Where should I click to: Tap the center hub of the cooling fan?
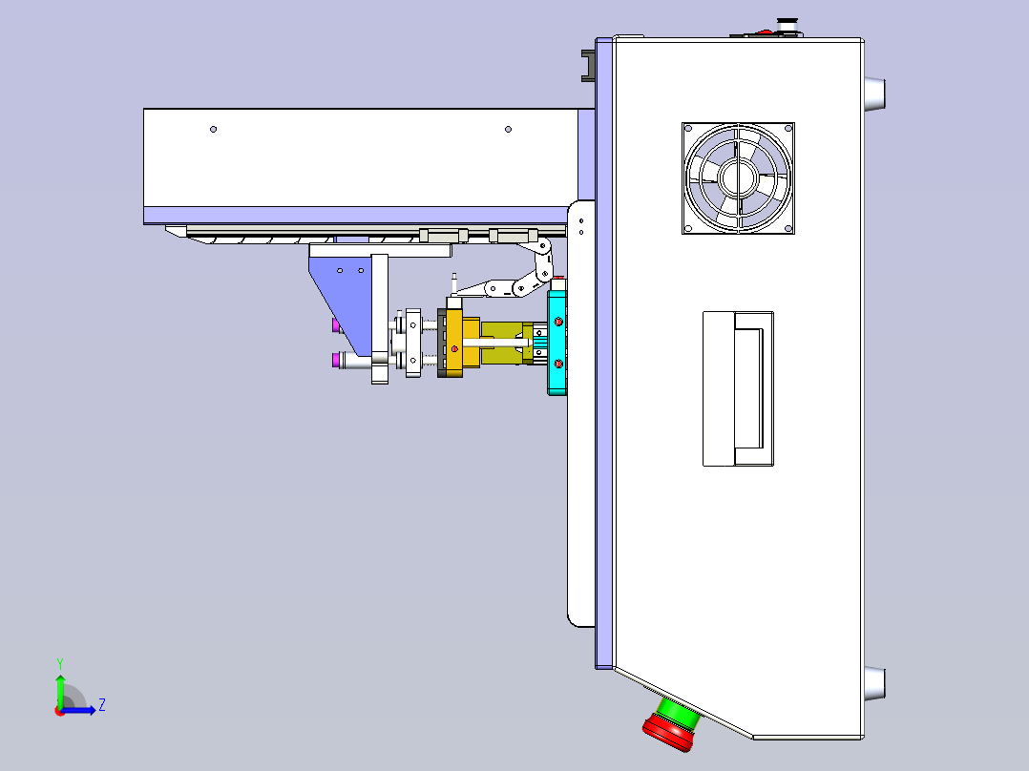point(738,177)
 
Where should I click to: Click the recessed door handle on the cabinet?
point(738,389)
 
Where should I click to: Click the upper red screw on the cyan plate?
point(557,322)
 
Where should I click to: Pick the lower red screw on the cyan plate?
point(557,364)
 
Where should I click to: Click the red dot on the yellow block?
point(454,350)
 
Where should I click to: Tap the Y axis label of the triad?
point(60,664)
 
